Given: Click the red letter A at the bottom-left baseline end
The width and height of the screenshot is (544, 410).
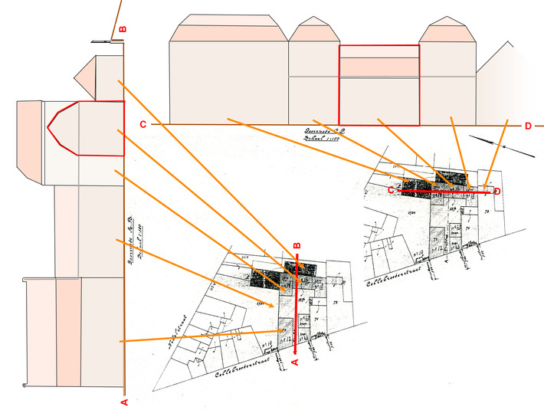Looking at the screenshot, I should [x=124, y=401].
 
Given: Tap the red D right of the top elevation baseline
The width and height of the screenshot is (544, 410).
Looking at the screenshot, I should [x=528, y=126].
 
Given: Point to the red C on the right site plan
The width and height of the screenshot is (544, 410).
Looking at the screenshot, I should [x=391, y=189].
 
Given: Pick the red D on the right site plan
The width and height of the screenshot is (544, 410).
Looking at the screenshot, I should [x=497, y=191].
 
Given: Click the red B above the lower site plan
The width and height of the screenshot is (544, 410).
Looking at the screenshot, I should [x=297, y=246].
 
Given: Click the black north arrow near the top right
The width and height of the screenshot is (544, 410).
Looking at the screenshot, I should [x=502, y=146].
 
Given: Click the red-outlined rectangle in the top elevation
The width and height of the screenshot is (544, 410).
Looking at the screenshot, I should [x=379, y=85].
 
